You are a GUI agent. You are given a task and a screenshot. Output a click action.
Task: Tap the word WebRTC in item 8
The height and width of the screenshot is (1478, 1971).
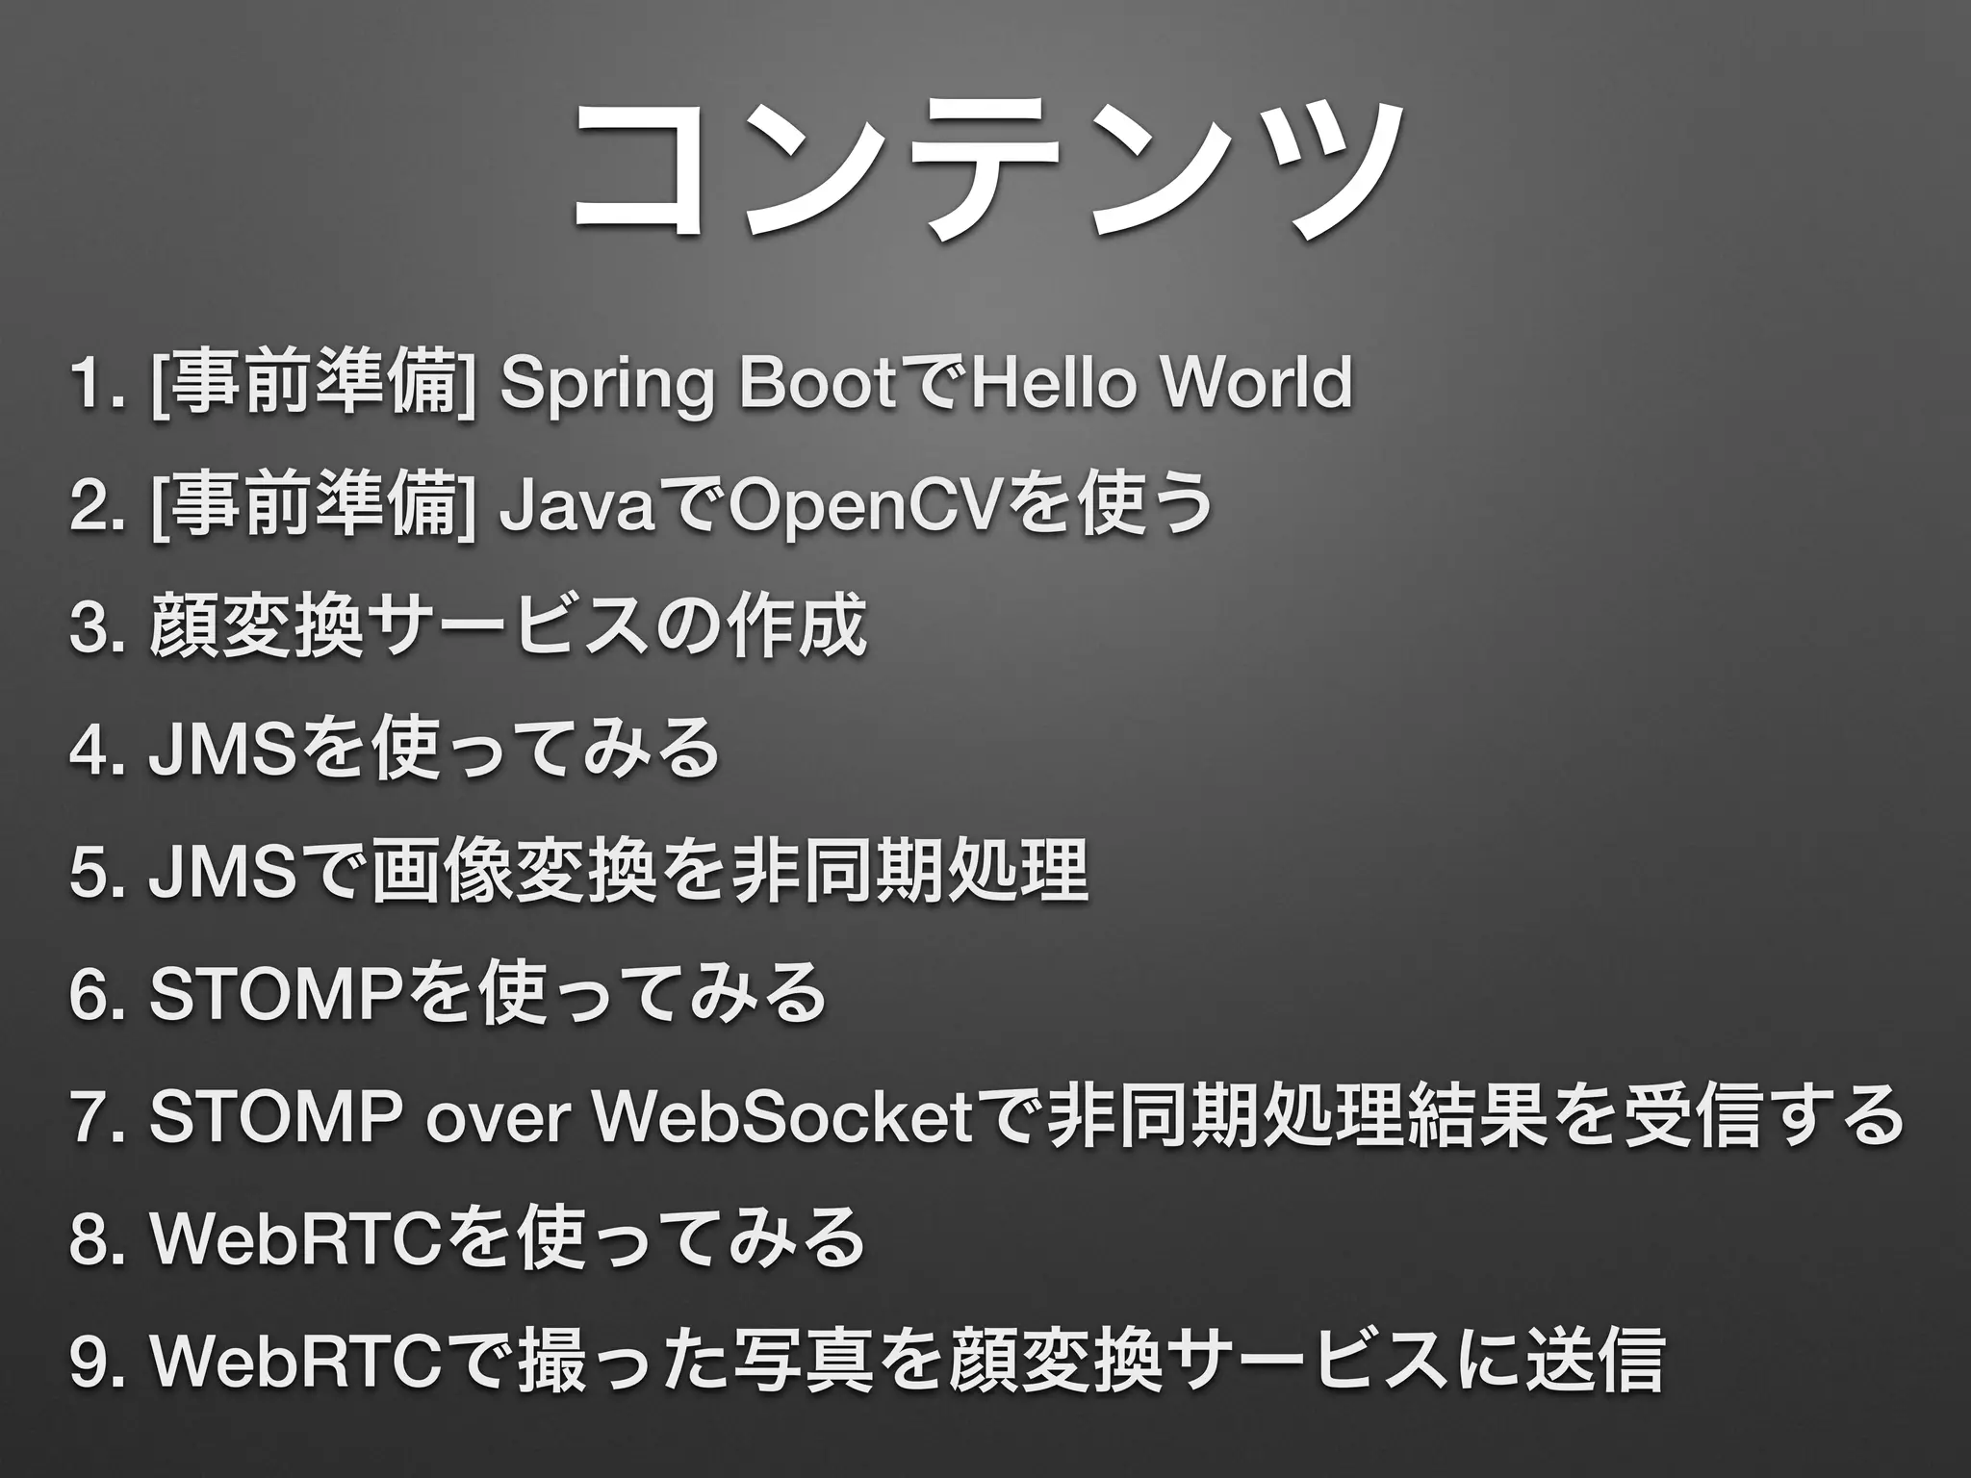click(293, 1239)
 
